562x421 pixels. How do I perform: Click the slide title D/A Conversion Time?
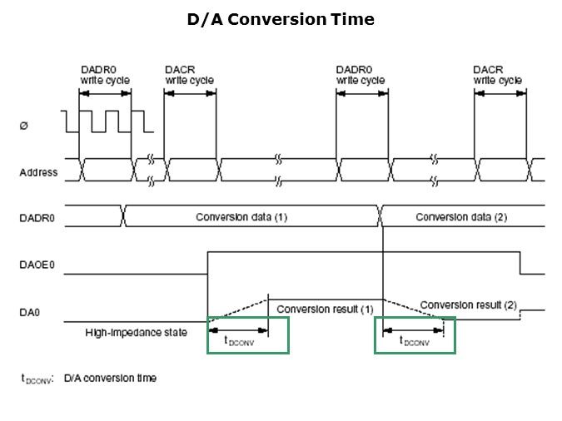(x=281, y=19)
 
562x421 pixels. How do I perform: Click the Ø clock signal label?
(x=22, y=126)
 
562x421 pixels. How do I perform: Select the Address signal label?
(x=38, y=173)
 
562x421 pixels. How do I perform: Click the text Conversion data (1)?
(x=241, y=217)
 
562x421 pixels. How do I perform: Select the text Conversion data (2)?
(x=460, y=217)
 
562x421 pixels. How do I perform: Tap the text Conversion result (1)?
(x=325, y=310)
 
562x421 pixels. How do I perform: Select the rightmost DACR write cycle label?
(x=498, y=75)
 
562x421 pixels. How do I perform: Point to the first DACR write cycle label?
(x=189, y=75)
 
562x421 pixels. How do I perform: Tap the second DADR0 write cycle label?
(x=361, y=75)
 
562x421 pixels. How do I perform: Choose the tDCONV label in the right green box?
(x=414, y=340)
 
